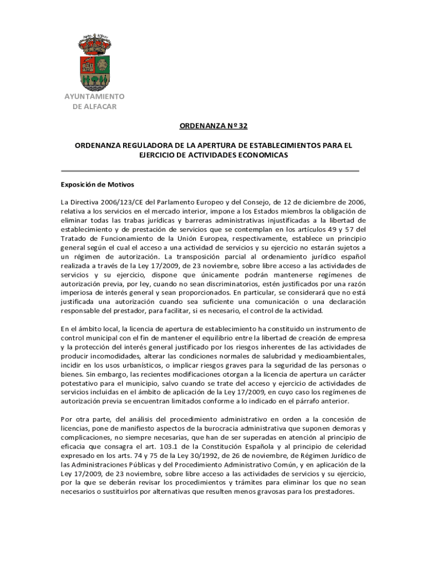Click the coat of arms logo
[x=94, y=63]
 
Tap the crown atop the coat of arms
[x=94, y=42]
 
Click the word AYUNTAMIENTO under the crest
[x=94, y=96]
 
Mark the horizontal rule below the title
[x=210, y=171]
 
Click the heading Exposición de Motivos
[x=97, y=184]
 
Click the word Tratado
[x=74, y=239]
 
